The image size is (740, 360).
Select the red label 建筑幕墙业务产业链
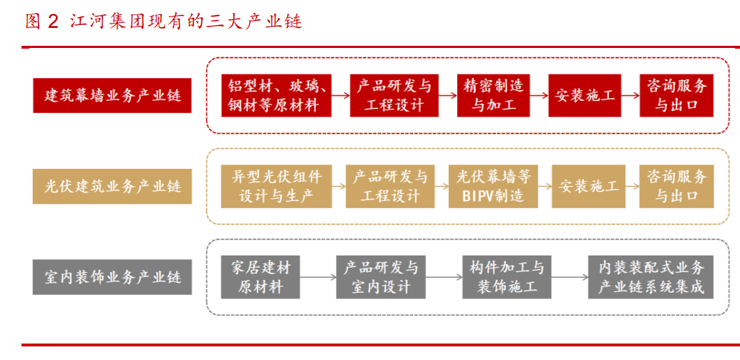112,95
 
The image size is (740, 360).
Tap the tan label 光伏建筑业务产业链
112,187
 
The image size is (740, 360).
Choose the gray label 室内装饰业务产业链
112,277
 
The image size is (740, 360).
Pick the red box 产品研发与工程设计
394,96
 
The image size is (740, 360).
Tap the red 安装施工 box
585,96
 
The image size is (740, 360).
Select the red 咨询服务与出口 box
676,96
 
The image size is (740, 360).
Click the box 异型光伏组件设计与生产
277,186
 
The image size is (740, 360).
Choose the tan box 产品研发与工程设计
390,186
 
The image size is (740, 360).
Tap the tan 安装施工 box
588,186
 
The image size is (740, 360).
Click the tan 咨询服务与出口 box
676,186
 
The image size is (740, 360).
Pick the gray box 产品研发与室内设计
381,277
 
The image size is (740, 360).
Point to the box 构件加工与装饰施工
507,277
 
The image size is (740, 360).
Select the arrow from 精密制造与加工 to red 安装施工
539,96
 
